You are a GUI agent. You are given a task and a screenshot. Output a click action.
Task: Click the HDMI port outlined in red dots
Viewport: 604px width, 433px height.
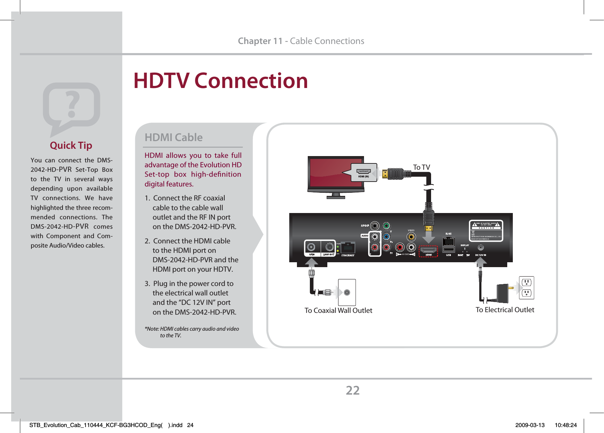(428, 250)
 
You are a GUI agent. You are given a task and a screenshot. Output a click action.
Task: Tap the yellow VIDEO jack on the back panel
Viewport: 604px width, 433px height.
(411, 237)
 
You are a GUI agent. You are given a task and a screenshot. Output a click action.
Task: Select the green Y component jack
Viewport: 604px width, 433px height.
(386, 226)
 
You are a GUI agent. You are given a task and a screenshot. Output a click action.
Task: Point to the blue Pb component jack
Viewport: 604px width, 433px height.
(386, 237)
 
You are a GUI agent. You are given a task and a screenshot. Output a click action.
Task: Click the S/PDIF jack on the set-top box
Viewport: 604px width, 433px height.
(374, 226)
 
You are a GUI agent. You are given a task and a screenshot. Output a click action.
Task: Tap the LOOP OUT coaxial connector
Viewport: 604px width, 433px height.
(329, 247)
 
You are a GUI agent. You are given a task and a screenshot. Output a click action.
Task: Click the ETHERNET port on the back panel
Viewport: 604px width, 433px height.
(348, 248)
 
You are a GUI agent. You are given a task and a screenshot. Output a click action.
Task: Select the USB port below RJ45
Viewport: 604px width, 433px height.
(449, 249)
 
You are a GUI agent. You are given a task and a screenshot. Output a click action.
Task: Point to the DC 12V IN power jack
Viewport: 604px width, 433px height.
(481, 248)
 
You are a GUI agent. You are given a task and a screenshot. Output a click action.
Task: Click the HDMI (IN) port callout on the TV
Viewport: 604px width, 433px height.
(364, 172)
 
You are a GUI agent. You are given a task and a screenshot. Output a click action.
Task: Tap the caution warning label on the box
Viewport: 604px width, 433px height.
(486, 230)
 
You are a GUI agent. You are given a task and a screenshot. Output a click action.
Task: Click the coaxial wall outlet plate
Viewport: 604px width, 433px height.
(347, 293)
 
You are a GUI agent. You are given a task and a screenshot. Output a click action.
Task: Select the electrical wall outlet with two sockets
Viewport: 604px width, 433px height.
(526, 288)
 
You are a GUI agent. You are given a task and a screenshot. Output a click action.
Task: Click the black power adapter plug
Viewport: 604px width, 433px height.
(503, 293)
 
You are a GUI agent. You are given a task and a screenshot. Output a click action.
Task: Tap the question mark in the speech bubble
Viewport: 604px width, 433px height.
(72, 104)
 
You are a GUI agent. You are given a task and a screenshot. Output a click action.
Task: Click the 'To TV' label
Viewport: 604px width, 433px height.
(421, 167)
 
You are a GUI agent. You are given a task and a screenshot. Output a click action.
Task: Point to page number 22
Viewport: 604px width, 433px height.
(352, 390)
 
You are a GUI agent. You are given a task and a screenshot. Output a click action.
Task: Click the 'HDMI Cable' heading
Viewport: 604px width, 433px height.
(174, 137)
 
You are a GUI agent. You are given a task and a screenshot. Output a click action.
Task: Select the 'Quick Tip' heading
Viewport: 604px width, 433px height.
(71, 145)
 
